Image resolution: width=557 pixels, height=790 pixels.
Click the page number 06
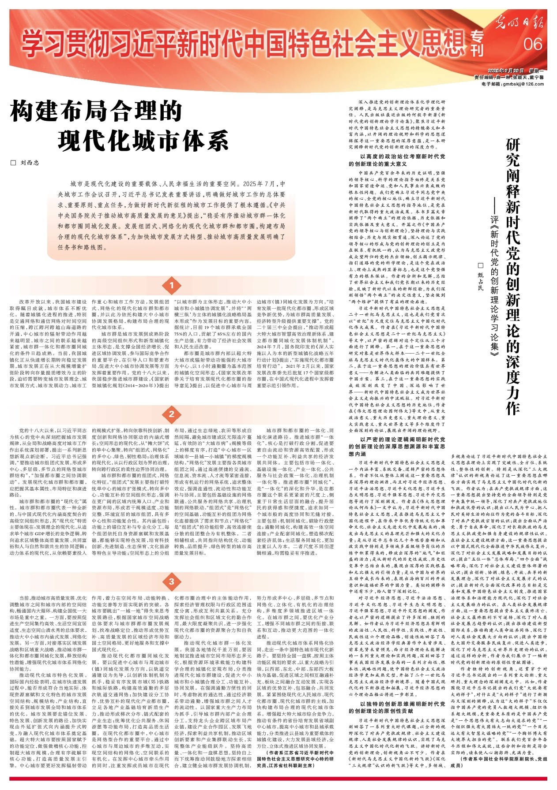pos(533,44)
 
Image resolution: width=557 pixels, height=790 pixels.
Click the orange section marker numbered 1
pos(171,286)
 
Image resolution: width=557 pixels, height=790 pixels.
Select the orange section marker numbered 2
pos(171,414)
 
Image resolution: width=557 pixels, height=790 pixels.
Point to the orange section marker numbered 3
pos(171,581)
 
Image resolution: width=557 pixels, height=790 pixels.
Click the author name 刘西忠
pos(30,163)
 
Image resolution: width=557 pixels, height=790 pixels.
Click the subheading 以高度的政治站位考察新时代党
pos(403,156)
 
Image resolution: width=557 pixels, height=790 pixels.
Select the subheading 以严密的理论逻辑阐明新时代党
pos(403,439)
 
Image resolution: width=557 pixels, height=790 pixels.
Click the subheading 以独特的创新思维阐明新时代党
pos(403,704)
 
